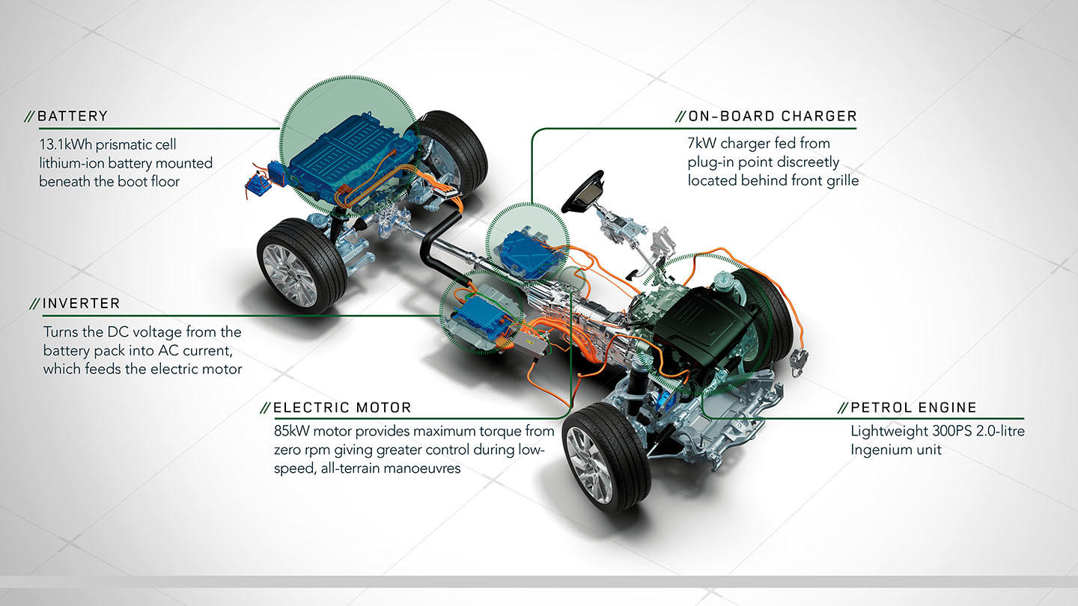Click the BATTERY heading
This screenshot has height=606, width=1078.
(x=72, y=117)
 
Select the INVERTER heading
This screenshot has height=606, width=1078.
(x=81, y=304)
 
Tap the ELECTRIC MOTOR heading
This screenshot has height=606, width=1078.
(x=342, y=408)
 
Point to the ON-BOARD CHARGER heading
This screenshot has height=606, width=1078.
(x=772, y=117)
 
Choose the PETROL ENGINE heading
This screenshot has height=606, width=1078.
(x=913, y=408)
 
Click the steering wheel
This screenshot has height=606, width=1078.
(x=585, y=192)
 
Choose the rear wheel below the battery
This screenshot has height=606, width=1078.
(x=300, y=266)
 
